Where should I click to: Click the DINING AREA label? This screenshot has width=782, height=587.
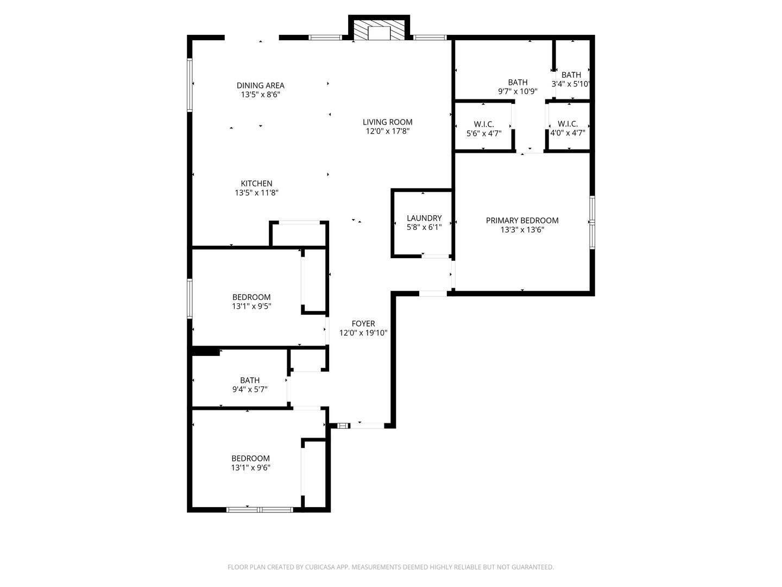pyautogui.click(x=260, y=85)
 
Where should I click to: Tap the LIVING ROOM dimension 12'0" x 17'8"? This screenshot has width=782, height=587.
pyautogui.click(x=388, y=131)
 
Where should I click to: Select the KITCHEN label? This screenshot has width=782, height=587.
pyautogui.click(x=256, y=184)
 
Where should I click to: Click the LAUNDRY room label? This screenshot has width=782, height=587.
pyautogui.click(x=424, y=218)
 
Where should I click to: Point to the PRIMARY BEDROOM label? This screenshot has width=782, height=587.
pyautogui.click(x=522, y=221)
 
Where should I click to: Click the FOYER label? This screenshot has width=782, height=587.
pyautogui.click(x=363, y=324)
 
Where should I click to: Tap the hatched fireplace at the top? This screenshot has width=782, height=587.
pyautogui.click(x=379, y=32)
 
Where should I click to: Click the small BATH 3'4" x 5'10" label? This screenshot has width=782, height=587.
pyautogui.click(x=571, y=75)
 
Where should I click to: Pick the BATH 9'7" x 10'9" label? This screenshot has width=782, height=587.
pyautogui.click(x=518, y=83)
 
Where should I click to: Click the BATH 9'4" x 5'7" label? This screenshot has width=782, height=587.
pyautogui.click(x=250, y=380)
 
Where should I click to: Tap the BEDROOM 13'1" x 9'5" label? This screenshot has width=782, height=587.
pyautogui.click(x=251, y=297)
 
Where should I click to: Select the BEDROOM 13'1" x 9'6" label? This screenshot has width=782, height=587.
pyautogui.click(x=250, y=459)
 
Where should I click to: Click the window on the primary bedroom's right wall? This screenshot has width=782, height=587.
pyautogui.click(x=592, y=222)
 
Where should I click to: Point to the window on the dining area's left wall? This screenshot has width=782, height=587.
pyautogui.click(x=190, y=85)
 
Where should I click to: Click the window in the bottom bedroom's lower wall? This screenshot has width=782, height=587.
pyautogui.click(x=260, y=510)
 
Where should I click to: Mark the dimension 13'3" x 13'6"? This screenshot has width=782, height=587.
pyautogui.click(x=522, y=230)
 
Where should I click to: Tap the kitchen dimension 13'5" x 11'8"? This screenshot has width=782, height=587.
pyautogui.click(x=256, y=193)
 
